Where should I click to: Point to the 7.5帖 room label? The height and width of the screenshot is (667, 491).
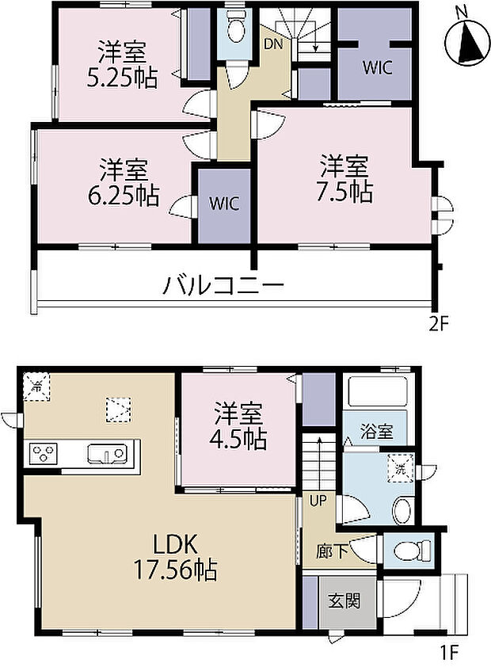click(344, 179)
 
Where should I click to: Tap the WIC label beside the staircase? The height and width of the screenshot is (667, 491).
click(377, 68)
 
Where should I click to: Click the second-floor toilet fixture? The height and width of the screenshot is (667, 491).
click(235, 30)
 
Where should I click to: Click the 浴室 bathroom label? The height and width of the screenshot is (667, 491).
click(376, 433)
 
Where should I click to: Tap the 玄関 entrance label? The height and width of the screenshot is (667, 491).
click(342, 600)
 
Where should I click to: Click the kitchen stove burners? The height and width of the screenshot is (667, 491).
click(44, 455)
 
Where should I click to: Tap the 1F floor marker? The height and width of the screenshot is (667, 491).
click(448, 654)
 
